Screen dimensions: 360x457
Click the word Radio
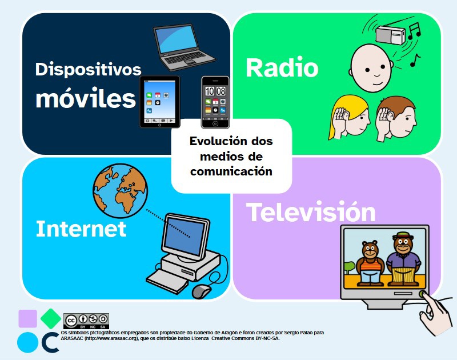click(282, 69)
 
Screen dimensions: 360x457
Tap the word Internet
click(81, 229)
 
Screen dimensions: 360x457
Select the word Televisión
click(311, 213)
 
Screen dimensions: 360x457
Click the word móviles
click(85, 99)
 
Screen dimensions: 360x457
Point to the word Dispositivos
click(88, 70)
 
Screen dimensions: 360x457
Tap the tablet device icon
click(160, 102)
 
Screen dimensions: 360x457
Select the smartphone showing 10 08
click(215, 102)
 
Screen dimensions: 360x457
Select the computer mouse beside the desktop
click(201, 291)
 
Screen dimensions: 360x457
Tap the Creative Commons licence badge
click(86, 320)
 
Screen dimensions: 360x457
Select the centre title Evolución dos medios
click(231, 155)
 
